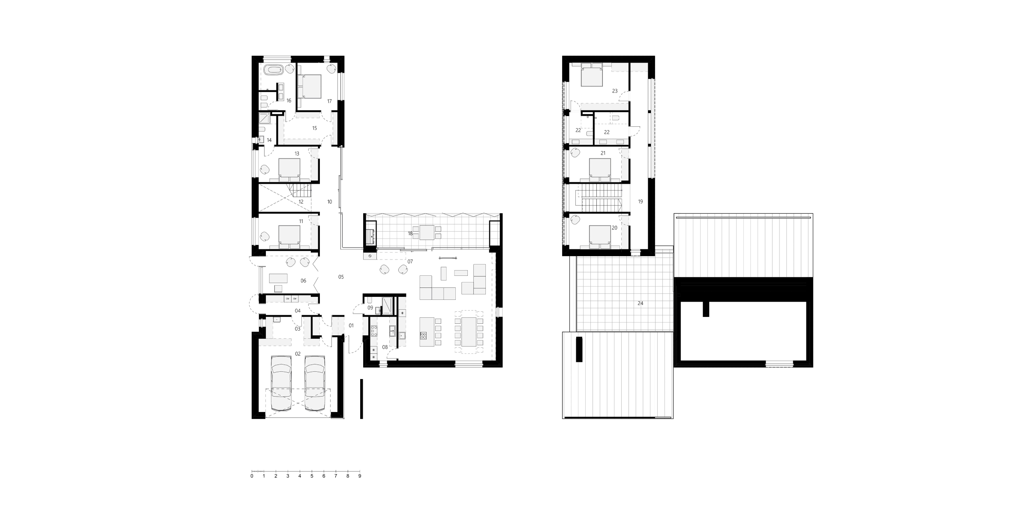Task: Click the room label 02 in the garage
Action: point(298,354)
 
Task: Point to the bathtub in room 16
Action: point(273,69)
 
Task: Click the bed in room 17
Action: point(309,86)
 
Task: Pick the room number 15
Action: point(314,128)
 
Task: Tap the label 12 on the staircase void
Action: point(301,202)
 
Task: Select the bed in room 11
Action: point(289,236)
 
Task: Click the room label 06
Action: point(304,281)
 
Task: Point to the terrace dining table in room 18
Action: point(427,232)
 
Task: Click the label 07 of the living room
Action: point(410,261)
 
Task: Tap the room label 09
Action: point(370,308)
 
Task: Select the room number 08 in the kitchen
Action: point(385,347)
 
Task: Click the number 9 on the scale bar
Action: point(360,476)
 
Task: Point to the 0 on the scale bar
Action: point(252,476)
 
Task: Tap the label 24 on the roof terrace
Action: point(640,303)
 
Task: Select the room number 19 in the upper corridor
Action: point(640,201)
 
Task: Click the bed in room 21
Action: point(600,167)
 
